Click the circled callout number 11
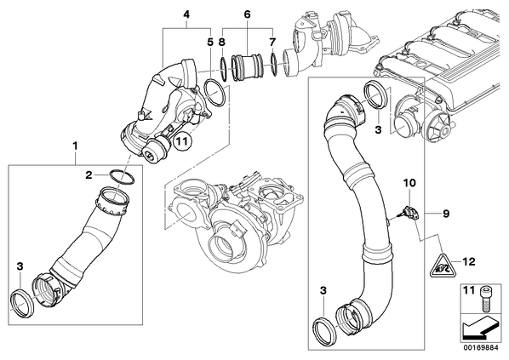183,141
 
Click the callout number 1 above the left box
75,146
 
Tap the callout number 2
89,175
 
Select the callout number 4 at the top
186,14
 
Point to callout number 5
210,42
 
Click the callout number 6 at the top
248,14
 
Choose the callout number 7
272,42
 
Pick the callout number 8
222,42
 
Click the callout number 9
446,214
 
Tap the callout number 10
409,183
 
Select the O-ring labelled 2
122,177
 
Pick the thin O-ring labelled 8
223,69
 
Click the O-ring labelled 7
274,66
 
